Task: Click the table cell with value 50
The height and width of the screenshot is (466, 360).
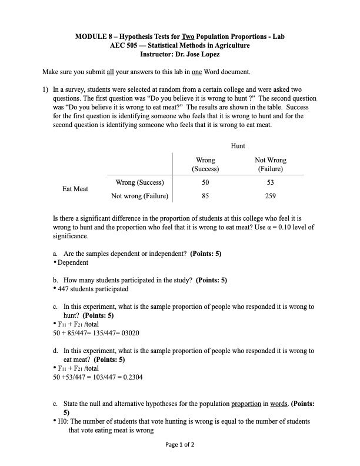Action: click(205, 183)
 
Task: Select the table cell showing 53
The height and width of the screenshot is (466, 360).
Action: click(270, 183)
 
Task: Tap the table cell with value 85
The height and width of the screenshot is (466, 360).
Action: click(205, 196)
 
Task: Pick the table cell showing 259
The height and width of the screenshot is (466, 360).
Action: click(270, 196)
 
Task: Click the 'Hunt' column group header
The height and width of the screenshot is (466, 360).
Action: click(238, 145)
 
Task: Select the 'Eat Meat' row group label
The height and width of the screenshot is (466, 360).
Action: click(75, 189)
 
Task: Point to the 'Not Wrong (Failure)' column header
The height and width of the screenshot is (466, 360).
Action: click(270, 164)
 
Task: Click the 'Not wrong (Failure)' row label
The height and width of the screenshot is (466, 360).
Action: click(139, 196)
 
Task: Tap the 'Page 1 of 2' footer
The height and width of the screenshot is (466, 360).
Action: click(180, 444)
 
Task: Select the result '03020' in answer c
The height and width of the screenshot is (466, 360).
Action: click(128, 333)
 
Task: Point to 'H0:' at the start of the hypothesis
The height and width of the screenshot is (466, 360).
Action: click(63, 421)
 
